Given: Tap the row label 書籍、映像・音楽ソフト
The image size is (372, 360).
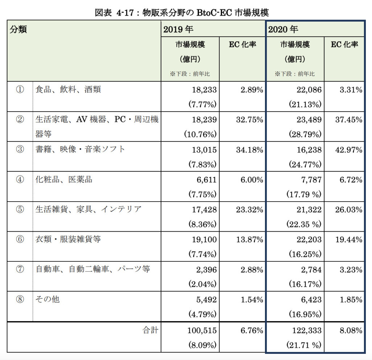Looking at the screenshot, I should click(80, 149).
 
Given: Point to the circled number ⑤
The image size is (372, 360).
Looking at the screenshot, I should click(20, 210).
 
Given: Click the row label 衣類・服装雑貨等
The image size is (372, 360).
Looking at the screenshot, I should click(68, 239).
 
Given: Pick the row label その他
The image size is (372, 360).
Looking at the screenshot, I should click(48, 299).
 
